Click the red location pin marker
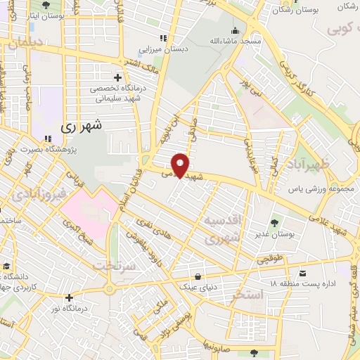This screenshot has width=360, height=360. [181, 165]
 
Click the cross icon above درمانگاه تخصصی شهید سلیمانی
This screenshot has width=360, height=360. [117, 77]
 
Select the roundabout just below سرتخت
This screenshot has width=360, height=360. [110, 288]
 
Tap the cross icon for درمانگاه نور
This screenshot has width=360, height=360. [69, 297]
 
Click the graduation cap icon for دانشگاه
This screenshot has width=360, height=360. [7, 266]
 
